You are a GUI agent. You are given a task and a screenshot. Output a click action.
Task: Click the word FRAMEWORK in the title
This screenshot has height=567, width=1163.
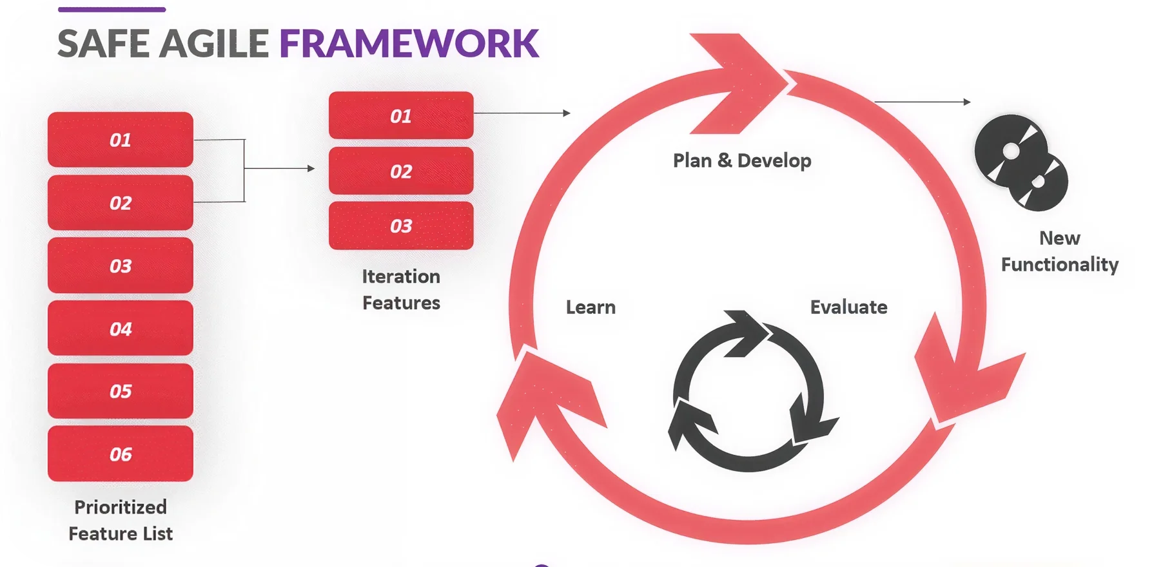click(409, 44)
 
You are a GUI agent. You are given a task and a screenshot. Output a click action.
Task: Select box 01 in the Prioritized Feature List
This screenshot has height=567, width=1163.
click(121, 140)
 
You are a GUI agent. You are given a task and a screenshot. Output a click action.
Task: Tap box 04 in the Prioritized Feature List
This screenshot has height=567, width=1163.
click(121, 329)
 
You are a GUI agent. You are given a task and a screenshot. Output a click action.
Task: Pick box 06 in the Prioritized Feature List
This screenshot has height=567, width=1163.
click(121, 454)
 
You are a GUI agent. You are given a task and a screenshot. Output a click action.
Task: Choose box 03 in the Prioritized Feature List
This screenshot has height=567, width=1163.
click(121, 265)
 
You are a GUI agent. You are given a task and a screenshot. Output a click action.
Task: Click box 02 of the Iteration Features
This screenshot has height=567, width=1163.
click(401, 171)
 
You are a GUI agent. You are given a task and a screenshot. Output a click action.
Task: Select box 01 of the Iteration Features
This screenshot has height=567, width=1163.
click(401, 115)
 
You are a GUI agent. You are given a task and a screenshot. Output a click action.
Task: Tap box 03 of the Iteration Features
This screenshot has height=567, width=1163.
click(401, 226)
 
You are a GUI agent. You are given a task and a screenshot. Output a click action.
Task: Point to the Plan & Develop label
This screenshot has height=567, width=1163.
click(742, 160)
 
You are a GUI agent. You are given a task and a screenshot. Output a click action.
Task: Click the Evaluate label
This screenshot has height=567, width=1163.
click(848, 307)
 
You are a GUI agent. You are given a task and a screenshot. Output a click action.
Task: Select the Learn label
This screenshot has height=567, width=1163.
click(591, 307)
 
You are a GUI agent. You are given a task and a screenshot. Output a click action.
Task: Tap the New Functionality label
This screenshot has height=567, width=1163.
click(1059, 251)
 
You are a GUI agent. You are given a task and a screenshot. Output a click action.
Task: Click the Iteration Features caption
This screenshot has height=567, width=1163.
click(401, 289)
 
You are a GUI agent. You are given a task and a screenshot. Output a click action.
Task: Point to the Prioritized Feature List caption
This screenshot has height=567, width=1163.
click(121, 520)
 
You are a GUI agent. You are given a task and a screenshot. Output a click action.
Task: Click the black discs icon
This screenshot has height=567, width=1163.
click(1020, 162)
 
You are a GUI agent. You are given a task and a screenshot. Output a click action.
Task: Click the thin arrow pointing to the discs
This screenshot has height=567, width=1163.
click(922, 102)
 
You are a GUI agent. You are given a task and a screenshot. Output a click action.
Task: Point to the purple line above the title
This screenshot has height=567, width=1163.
click(112, 10)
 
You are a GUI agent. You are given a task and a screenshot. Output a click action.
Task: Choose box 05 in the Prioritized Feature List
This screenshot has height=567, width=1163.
click(121, 391)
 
